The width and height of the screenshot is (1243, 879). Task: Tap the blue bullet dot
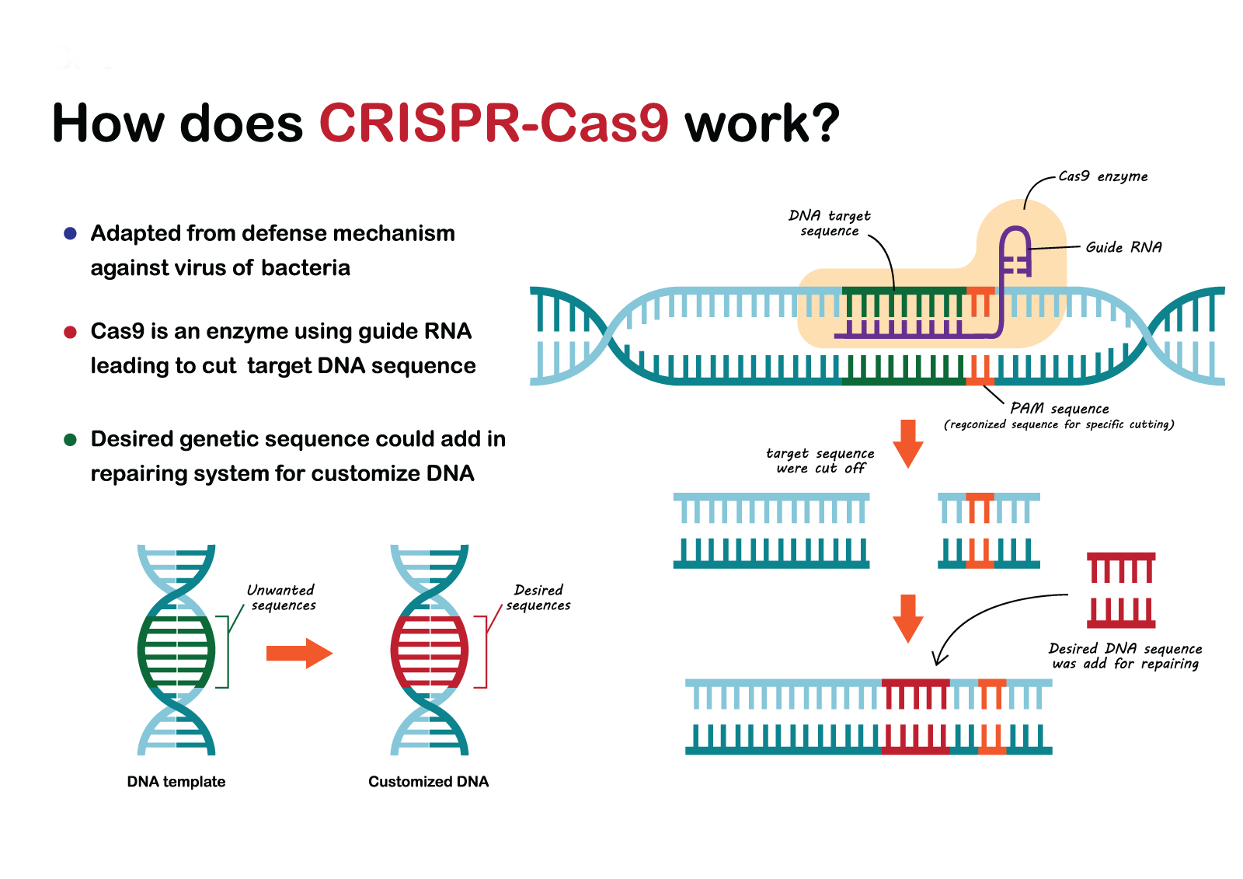[70, 233]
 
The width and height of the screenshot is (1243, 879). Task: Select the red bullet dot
[70, 332]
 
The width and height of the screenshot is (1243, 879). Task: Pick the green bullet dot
[70, 440]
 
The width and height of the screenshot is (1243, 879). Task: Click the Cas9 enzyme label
[1102, 176]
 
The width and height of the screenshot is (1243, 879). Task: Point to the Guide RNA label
[1123, 247]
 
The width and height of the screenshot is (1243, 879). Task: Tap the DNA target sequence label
[830, 223]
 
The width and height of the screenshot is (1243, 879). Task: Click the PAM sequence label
[1060, 409]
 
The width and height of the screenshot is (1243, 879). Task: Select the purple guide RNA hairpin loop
[1015, 251]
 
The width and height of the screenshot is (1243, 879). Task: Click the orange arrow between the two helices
[300, 653]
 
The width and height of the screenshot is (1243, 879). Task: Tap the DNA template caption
[176, 781]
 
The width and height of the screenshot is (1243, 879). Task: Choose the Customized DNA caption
[428, 781]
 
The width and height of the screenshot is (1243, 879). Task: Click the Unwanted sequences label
[282, 598]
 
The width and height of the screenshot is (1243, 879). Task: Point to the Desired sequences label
[538, 598]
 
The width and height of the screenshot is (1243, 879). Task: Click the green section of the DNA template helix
[176, 652]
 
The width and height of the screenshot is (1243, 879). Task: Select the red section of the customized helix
[430, 652]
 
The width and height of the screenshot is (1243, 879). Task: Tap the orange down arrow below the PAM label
[908, 444]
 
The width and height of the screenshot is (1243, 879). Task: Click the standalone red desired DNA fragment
[1121, 590]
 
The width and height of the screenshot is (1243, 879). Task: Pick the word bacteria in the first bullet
[306, 267]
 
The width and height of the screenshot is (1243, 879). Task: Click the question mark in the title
[826, 122]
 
